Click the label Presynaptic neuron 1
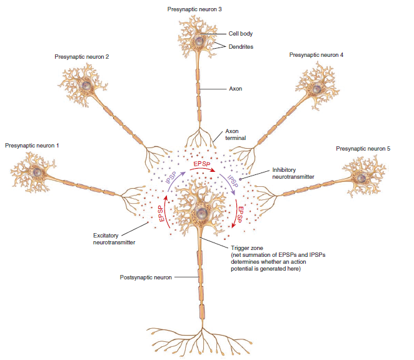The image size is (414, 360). pos(32,145)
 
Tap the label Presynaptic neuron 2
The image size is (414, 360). pos(82,57)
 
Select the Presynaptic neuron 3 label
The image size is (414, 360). pos(194,9)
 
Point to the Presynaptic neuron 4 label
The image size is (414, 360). pos(316,55)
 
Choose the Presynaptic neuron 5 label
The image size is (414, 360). pos(363,148)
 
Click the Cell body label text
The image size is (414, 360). pos(241,34)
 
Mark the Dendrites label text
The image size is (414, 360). pos(241,47)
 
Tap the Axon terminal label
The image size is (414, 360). pos(236,135)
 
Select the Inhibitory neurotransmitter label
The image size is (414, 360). pos(293,173)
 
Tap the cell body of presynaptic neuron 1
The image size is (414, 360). pos(39,172)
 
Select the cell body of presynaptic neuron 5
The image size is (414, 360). pos(360,176)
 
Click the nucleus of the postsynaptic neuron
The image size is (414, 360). pos(201,212)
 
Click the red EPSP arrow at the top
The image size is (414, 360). pos(201,166)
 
